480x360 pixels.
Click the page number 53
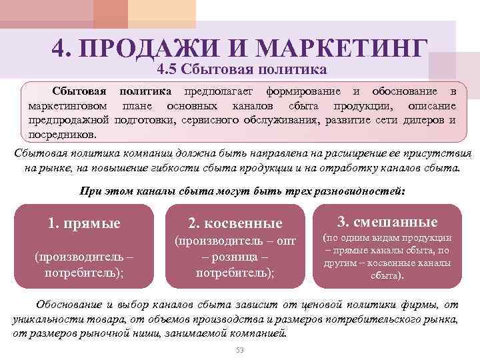tap(241, 351)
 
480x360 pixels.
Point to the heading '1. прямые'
tap(84, 223)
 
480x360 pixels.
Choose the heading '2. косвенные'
tap(235, 223)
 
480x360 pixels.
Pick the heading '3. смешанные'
tap(387, 222)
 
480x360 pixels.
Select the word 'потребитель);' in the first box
tap(85, 273)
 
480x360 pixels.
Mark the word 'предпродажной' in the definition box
tap(69, 120)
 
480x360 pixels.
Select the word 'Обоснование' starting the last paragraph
tap(71, 305)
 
